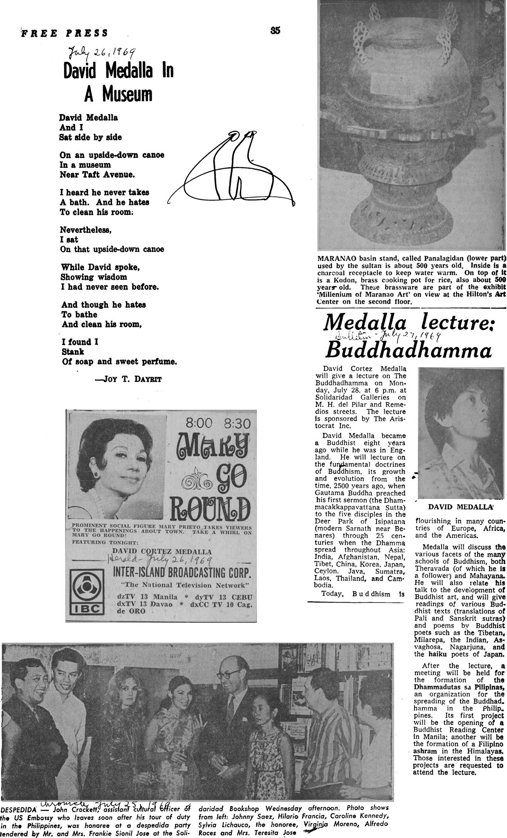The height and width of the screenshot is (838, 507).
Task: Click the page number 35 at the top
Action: click(x=275, y=30)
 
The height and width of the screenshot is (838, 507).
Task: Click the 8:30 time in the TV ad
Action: click(x=236, y=423)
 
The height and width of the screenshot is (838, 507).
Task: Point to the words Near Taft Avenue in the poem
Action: click(x=97, y=175)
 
